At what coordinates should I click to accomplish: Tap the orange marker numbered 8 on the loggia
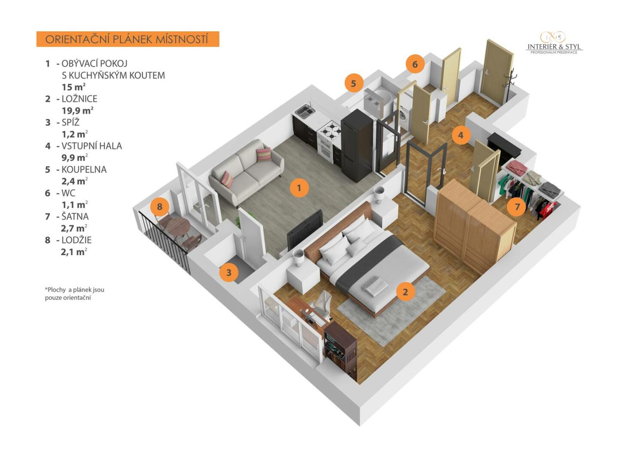(160, 206)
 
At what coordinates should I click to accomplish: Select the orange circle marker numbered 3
(228, 272)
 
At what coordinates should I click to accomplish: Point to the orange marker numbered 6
(415, 64)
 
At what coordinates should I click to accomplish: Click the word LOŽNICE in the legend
(79, 99)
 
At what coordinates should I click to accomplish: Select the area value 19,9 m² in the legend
(77, 110)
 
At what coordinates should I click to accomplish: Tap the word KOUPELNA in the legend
(84, 170)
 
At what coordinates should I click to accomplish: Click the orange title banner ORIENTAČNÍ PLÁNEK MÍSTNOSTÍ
(128, 39)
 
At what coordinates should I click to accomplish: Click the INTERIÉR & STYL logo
(554, 43)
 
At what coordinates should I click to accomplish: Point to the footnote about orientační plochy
(75, 294)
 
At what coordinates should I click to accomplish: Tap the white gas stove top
(330, 129)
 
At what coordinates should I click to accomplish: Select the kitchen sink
(305, 111)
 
